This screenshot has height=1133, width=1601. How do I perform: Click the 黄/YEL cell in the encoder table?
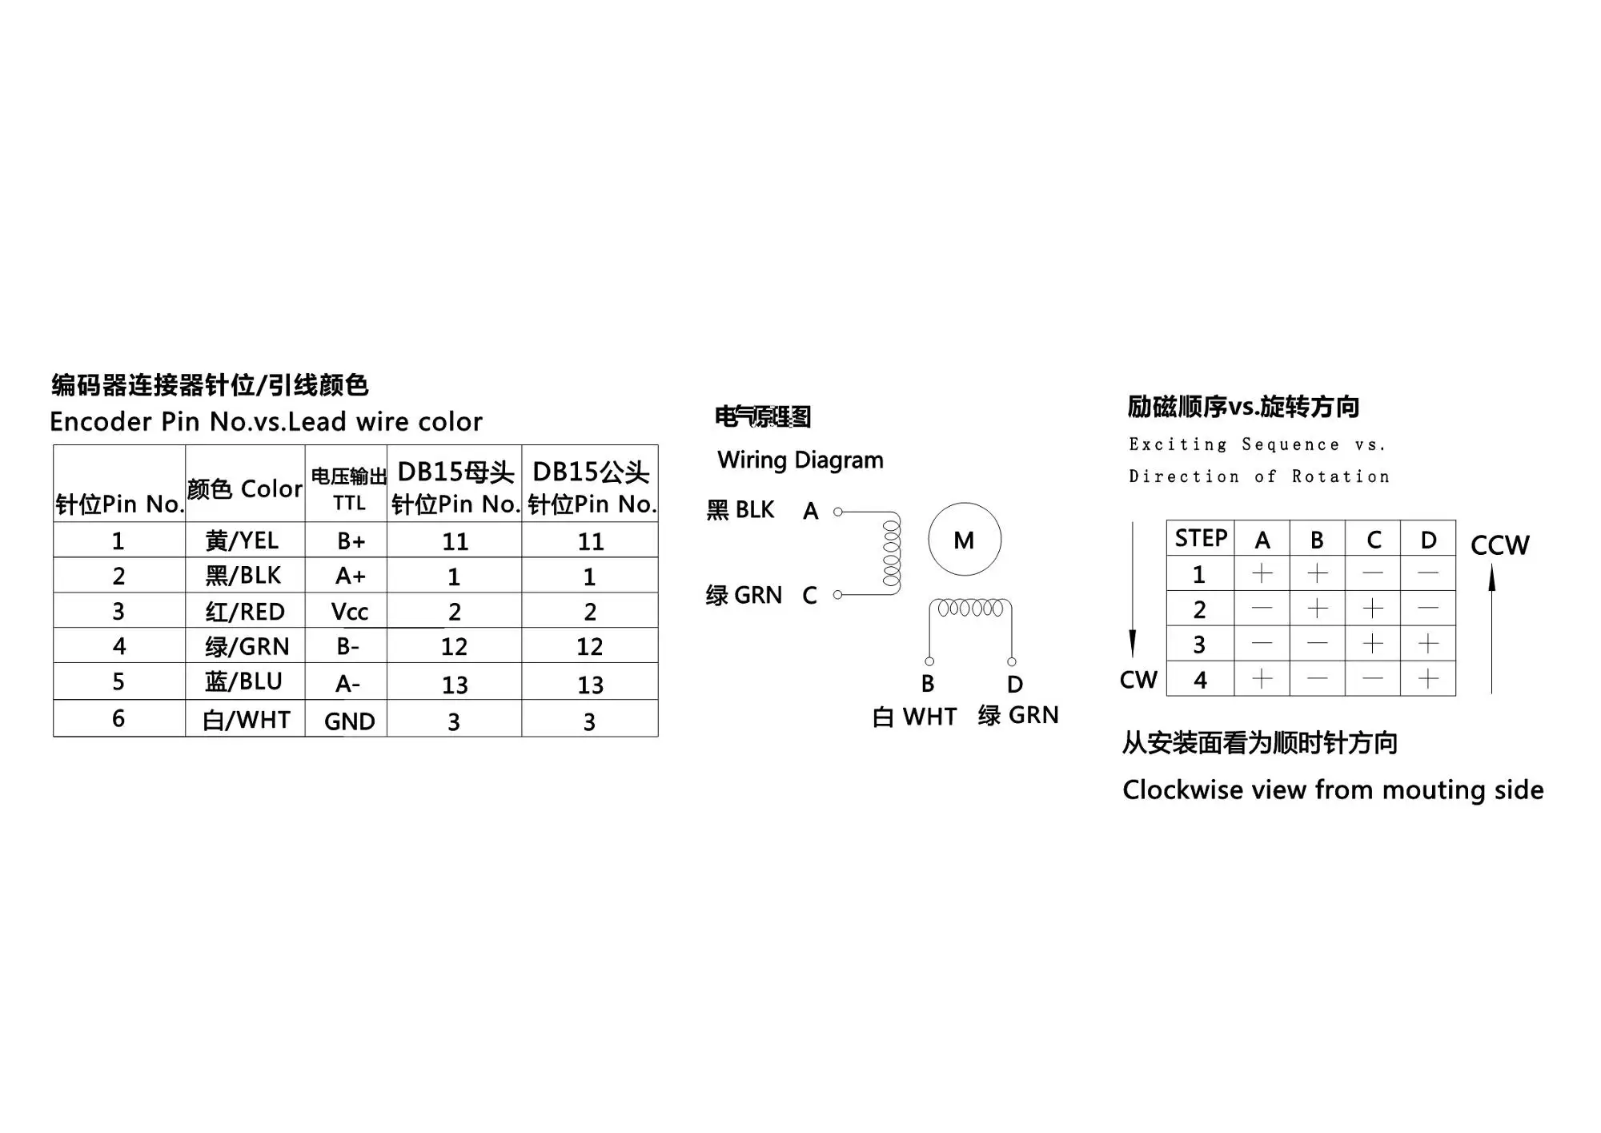pyautogui.click(x=242, y=541)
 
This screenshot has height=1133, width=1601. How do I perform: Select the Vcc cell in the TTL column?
pyautogui.click(x=349, y=612)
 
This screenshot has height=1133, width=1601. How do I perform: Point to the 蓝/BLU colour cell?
pyautogui.click(x=243, y=682)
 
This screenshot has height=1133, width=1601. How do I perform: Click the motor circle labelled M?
pyautogui.click(x=965, y=540)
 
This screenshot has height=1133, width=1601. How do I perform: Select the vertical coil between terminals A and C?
pyautogui.click(x=891, y=553)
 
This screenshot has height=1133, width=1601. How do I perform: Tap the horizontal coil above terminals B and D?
pyautogui.click(x=970, y=609)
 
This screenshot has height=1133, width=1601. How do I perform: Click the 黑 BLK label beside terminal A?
pyautogui.click(x=740, y=510)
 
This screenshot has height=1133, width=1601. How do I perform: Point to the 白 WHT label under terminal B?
pyautogui.click(x=914, y=717)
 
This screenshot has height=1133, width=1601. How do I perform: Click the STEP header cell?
pyautogui.click(x=1201, y=539)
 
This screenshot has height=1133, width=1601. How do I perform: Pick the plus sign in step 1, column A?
pyautogui.click(x=1262, y=573)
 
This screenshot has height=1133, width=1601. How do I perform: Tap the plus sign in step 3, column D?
pyautogui.click(x=1428, y=644)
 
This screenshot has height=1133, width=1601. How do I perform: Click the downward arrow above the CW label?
pyautogui.click(x=1133, y=593)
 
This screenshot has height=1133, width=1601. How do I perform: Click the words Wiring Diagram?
pyautogui.click(x=800, y=460)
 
